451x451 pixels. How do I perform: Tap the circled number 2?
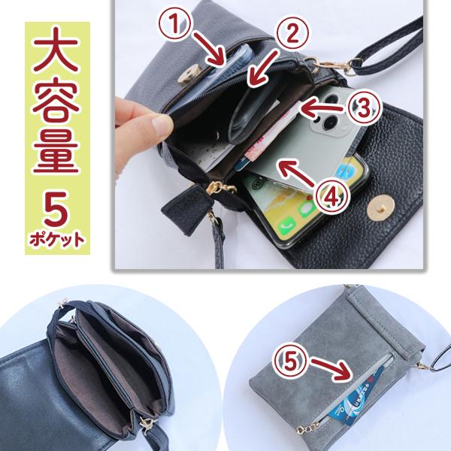tap(292, 34)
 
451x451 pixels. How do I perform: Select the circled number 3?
tap(364, 107)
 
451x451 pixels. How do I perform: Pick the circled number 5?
tap(290, 361)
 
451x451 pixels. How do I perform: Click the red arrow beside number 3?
tap(322, 109)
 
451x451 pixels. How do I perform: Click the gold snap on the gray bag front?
tap(189, 74)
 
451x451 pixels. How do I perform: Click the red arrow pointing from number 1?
tap(209, 50)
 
